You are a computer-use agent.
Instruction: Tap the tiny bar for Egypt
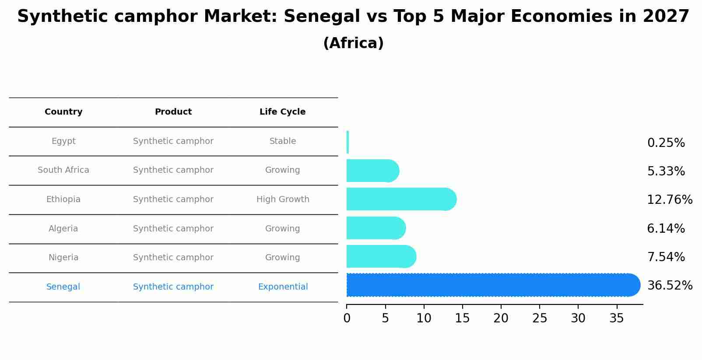point(347,142)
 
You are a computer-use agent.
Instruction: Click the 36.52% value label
point(670,286)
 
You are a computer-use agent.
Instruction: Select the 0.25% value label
point(666,143)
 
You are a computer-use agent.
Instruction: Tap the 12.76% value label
point(670,200)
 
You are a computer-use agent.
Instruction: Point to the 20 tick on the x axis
point(501,318)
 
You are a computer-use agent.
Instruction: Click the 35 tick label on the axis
point(617,318)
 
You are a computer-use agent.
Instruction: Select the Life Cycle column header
point(282,112)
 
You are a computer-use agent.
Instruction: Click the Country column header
point(63,112)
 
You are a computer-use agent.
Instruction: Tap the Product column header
point(173,112)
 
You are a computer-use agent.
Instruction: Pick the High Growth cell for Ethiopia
point(283,199)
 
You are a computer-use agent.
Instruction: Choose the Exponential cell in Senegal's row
point(283,287)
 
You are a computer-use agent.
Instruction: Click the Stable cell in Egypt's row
point(283,141)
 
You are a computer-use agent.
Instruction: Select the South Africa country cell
point(63,170)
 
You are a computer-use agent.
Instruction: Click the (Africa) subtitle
point(353,43)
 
